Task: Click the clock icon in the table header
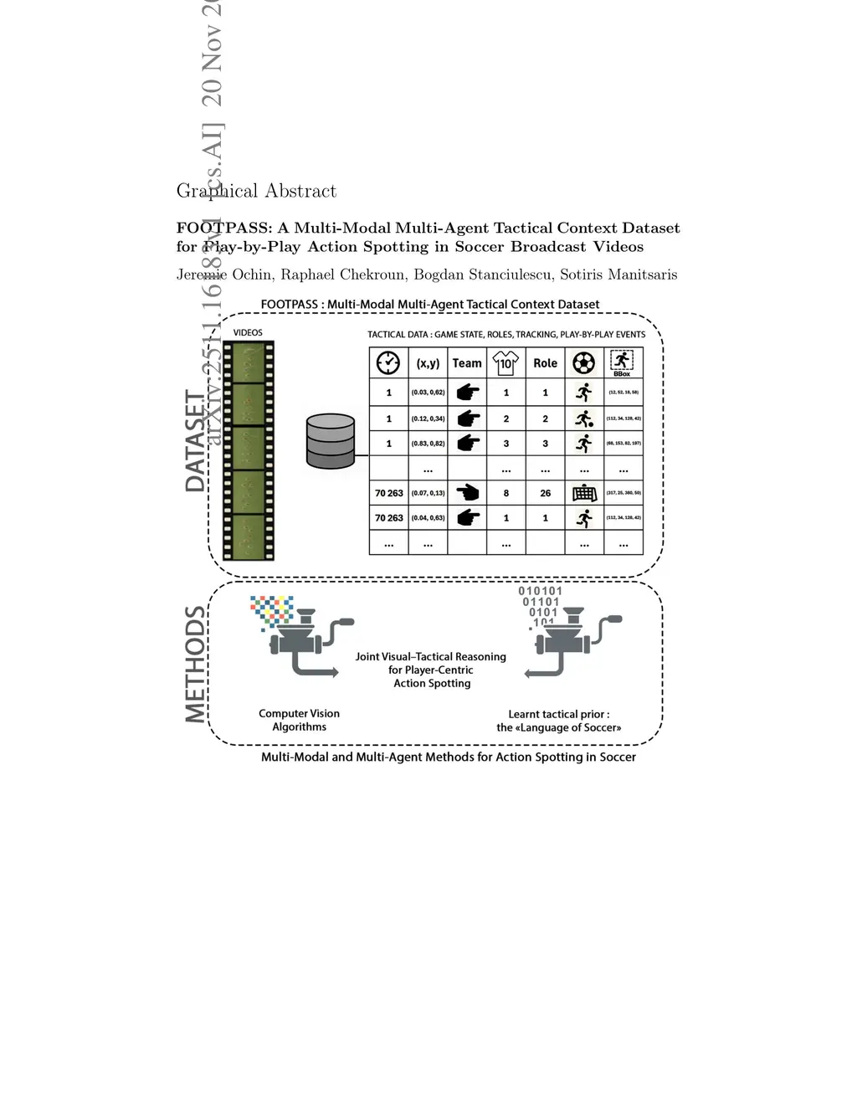(x=388, y=362)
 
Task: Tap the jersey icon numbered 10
(x=505, y=362)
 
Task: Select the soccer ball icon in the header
(x=584, y=362)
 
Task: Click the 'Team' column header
(x=467, y=363)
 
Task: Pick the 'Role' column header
(x=545, y=363)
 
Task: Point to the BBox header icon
(x=622, y=362)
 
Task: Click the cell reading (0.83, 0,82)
(x=428, y=444)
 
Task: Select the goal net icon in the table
(x=584, y=493)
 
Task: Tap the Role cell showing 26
(x=545, y=493)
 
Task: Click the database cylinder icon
(x=331, y=441)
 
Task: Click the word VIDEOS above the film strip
(x=248, y=332)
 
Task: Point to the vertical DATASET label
(x=195, y=441)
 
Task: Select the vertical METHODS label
(x=195, y=665)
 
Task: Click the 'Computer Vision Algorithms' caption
(x=299, y=720)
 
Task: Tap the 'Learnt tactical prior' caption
(x=558, y=721)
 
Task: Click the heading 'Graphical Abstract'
(x=256, y=191)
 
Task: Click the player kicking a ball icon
(x=584, y=418)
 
